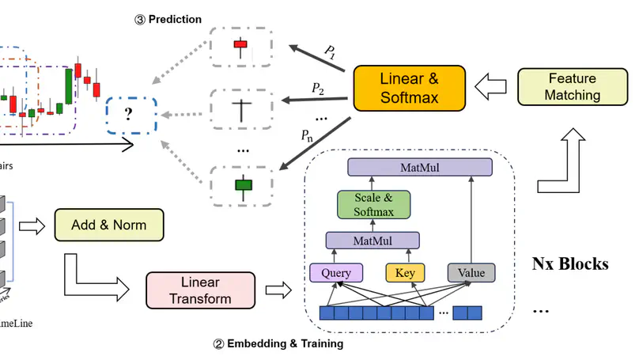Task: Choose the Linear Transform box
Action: (x=201, y=290)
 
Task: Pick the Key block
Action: (x=405, y=273)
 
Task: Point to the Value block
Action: (x=471, y=273)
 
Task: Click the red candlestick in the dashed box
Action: (x=241, y=46)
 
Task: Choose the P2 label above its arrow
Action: (x=318, y=89)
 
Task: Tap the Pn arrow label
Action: (x=307, y=136)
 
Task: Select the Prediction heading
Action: (x=168, y=18)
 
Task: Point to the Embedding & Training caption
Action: (x=278, y=344)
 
